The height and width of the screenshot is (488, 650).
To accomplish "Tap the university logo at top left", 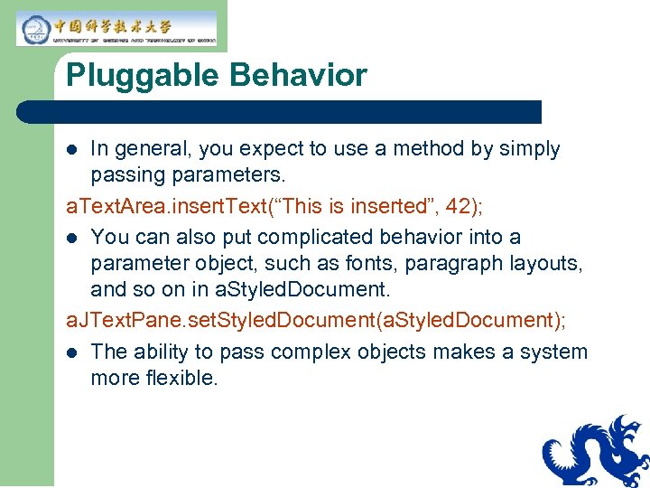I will pyautogui.click(x=116, y=28).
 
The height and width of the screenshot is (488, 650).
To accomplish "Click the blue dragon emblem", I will pyautogui.click(x=597, y=452).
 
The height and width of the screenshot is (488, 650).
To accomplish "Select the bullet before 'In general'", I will pyautogui.click(x=75, y=150).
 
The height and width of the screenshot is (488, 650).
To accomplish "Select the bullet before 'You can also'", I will pyautogui.click(x=75, y=238).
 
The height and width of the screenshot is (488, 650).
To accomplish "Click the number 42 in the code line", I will pyautogui.click(x=459, y=207).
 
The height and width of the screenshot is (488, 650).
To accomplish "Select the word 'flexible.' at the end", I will pyautogui.click(x=181, y=379).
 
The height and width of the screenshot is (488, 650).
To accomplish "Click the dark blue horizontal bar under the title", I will pyautogui.click(x=280, y=112).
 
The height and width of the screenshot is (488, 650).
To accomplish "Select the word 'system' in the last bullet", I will pyautogui.click(x=553, y=352).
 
